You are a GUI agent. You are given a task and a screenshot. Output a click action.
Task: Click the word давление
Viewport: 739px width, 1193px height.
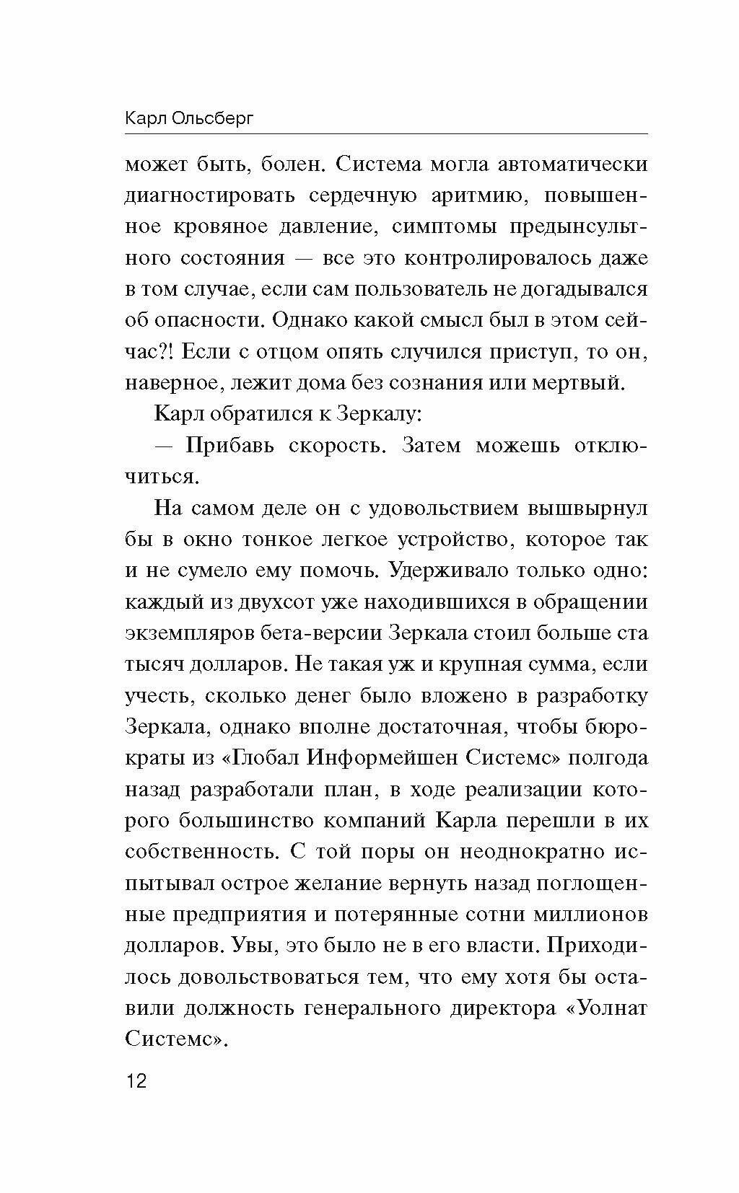point(313,227)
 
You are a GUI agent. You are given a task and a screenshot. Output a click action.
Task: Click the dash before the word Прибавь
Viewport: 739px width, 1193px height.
point(164,446)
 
